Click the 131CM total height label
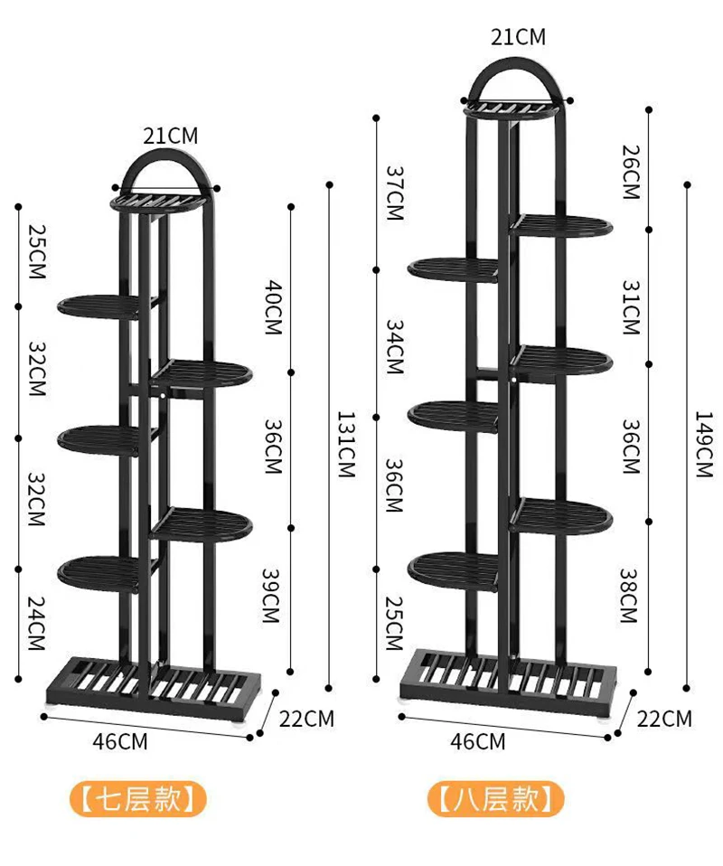[346, 444]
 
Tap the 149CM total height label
[704, 444]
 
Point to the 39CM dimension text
[270, 595]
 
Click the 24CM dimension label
[36, 623]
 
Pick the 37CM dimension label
[395, 193]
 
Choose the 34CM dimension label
[394, 347]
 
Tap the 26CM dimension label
[631, 172]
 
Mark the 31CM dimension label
[631, 307]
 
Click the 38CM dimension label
[628, 596]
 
